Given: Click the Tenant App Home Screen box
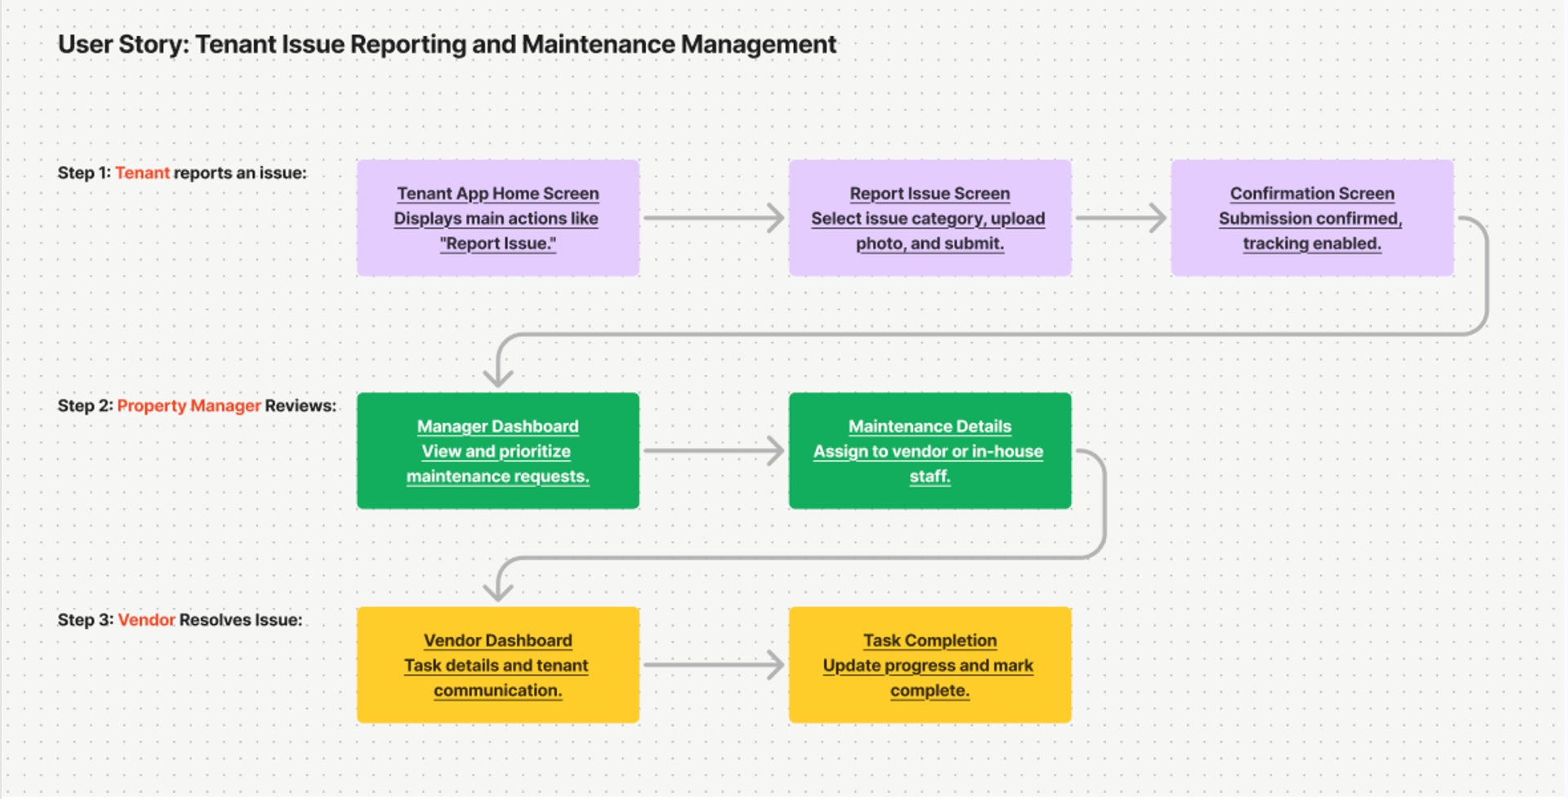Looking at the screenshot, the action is pos(498,218).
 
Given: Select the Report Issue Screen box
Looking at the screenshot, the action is pos(930,218).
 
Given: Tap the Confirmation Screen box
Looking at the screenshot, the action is pos(1312,218).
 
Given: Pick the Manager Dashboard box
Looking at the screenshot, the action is pos(498,451).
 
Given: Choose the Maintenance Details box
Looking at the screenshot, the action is pos(930,451).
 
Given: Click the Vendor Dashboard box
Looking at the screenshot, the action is pos(498,665).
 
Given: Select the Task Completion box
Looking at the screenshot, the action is pos(930,665).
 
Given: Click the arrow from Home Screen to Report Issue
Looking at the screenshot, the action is pos(714,218).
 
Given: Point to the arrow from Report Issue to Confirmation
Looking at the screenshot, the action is pos(1121,218).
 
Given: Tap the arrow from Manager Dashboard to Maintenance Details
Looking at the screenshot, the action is pos(714,451).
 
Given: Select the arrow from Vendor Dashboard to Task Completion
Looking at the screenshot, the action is pos(714,665).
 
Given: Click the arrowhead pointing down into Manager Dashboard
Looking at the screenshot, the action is pos(498,377).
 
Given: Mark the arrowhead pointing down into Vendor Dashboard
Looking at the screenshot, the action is pos(498,591).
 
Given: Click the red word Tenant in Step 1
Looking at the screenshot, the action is pos(142,173).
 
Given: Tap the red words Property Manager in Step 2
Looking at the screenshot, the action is pos(189,406).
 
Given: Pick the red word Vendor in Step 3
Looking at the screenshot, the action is pos(146,620).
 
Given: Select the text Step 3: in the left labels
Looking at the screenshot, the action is pos(86,620).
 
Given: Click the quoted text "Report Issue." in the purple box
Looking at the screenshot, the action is pos(498,243).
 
